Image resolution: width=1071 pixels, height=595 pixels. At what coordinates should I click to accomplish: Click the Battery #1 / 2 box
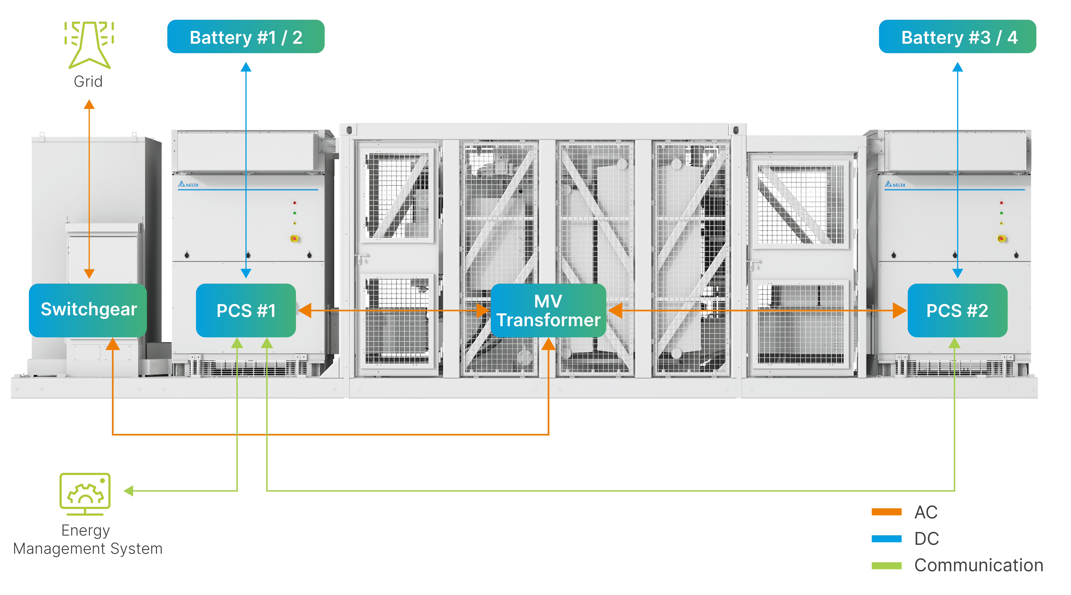click(246, 37)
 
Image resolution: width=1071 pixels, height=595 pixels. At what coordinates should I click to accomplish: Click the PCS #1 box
click(246, 310)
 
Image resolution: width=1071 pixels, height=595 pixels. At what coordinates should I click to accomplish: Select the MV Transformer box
click(548, 310)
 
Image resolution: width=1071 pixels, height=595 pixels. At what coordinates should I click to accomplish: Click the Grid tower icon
click(89, 44)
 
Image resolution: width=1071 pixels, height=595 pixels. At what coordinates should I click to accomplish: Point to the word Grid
click(88, 82)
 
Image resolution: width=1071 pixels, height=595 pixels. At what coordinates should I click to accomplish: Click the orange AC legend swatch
click(886, 512)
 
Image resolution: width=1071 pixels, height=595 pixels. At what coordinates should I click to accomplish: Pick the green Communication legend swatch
click(886, 566)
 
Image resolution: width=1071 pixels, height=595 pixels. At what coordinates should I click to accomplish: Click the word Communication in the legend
click(979, 566)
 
